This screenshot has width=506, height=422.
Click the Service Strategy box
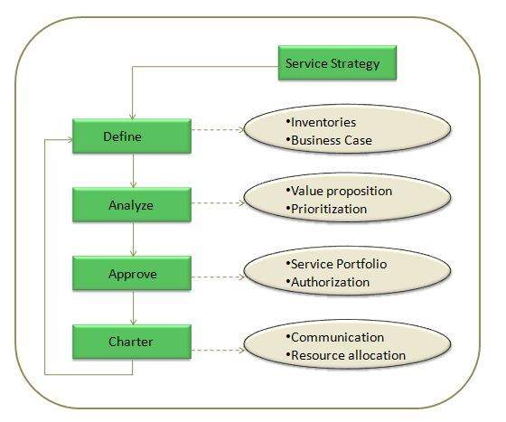click(x=333, y=64)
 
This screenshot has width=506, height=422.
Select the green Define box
click(x=133, y=136)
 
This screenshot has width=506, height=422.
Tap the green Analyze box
click(x=133, y=204)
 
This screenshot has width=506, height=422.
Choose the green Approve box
click(x=133, y=272)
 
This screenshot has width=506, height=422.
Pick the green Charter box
click(x=133, y=341)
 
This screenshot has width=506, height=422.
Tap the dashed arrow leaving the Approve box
click(x=217, y=272)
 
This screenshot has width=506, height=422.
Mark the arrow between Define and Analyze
click(x=133, y=170)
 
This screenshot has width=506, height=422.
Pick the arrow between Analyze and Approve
click(x=133, y=239)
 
